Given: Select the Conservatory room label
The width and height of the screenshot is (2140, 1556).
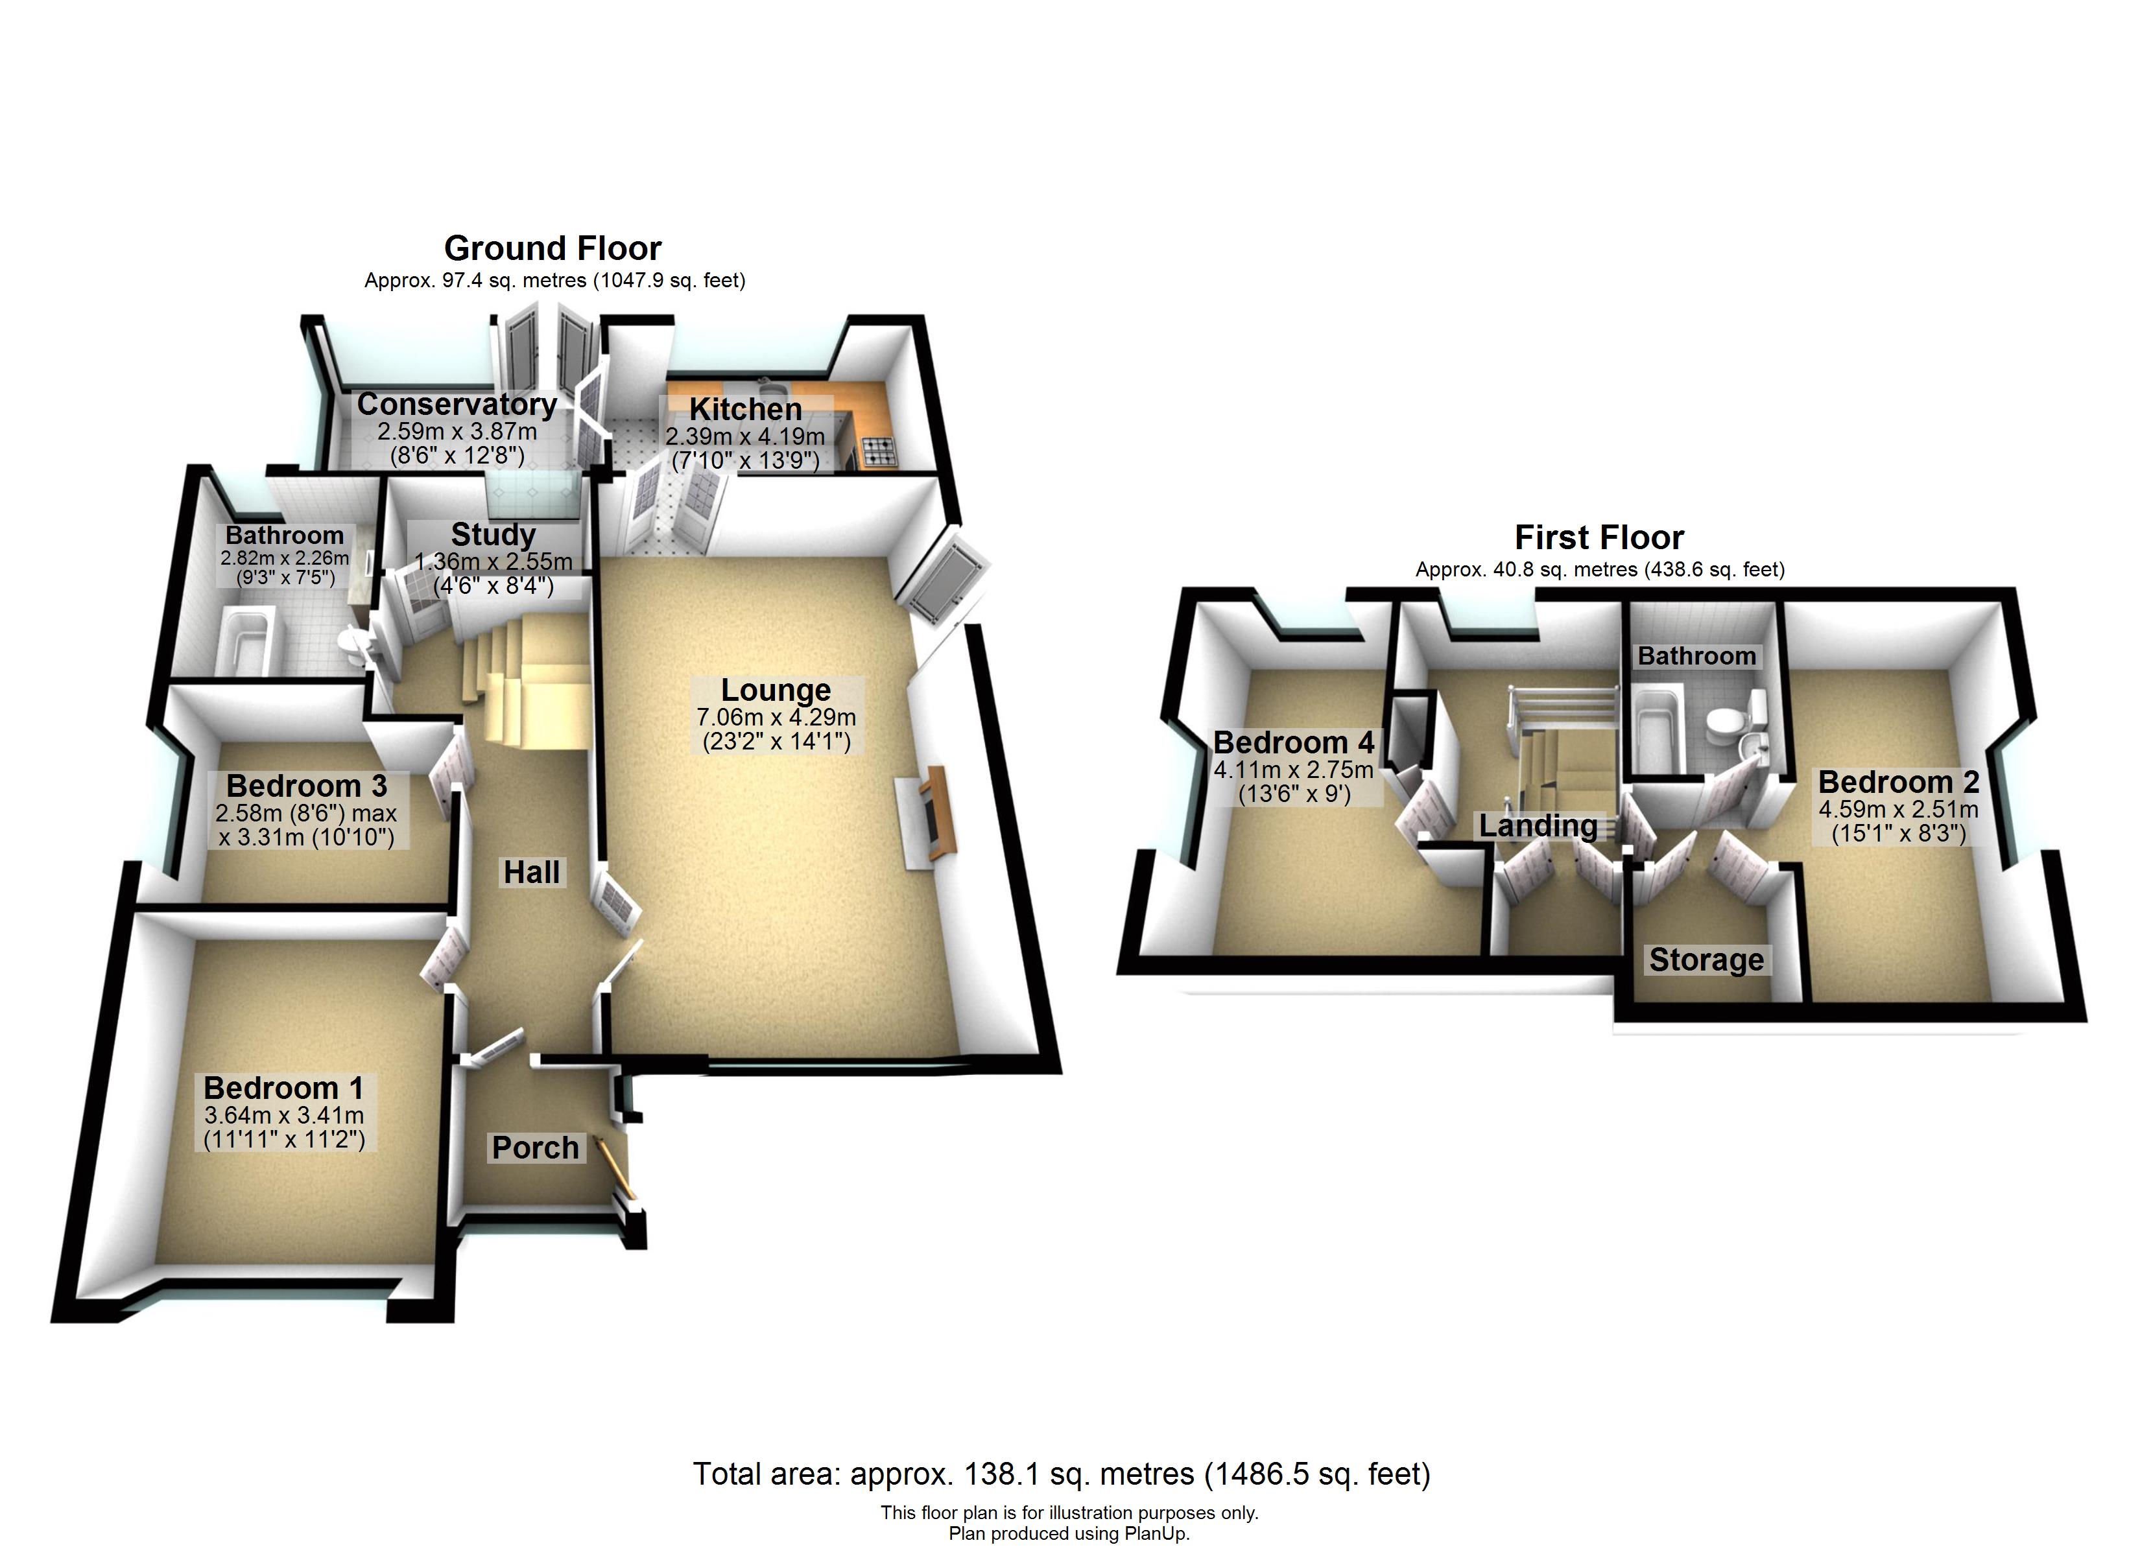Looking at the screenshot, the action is click(457, 404).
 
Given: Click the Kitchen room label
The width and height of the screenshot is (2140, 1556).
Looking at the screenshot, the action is click(745, 410).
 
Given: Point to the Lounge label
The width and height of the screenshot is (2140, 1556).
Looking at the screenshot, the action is click(776, 690).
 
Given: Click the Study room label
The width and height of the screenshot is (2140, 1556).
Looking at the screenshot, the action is click(493, 534).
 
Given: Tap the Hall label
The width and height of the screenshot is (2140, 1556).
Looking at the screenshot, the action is click(531, 872).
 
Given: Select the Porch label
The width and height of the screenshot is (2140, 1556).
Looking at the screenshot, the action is click(535, 1148).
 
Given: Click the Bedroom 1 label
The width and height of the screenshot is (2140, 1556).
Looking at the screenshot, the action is click(283, 1088).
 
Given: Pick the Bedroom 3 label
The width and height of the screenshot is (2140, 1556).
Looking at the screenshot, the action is click(307, 785).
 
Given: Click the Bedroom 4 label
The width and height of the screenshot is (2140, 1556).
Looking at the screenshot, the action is click(1294, 742).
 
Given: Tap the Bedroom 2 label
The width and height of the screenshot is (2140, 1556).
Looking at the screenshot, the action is click(1899, 781).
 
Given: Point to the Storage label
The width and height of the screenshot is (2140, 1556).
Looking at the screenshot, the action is click(1706, 960).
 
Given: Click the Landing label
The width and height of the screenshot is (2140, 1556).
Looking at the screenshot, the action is click(1538, 825).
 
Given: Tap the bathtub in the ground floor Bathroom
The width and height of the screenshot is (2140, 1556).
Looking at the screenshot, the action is click(245, 642).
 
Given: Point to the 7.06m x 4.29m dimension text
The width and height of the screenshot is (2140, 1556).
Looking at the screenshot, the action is click(776, 717).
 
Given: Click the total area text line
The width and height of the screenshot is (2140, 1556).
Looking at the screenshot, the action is click(1062, 1473).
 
